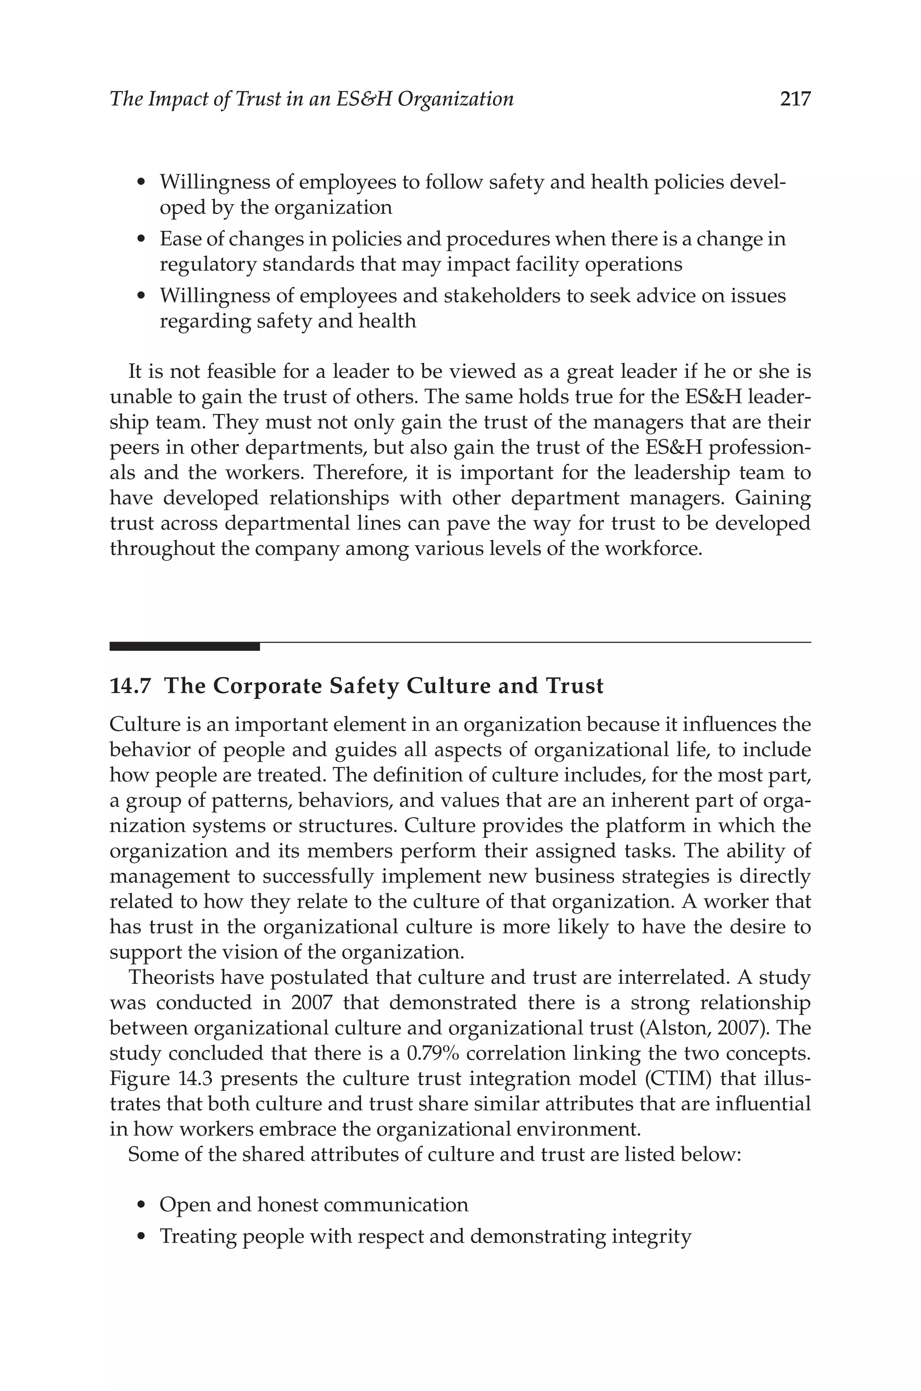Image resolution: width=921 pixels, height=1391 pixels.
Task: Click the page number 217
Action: click(x=795, y=99)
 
